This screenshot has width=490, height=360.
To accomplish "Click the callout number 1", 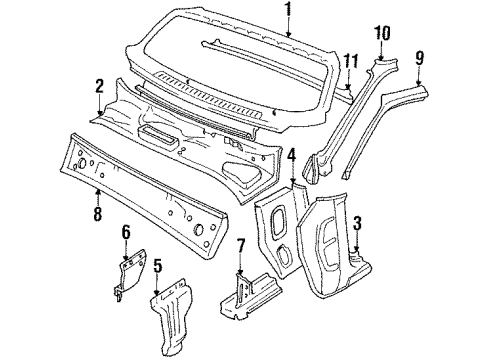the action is click(289, 9).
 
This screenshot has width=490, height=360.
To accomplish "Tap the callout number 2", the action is click(99, 86).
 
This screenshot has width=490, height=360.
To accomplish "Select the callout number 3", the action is click(357, 223).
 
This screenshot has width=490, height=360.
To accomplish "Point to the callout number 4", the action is click(292, 157).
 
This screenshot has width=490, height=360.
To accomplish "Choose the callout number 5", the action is click(157, 267).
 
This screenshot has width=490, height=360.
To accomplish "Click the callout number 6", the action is click(126, 232).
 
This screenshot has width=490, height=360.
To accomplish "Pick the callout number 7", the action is click(241, 247).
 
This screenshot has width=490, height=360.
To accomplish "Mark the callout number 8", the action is click(97, 214).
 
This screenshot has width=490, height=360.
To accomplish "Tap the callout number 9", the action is click(420, 58).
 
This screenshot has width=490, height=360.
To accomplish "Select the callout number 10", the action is click(382, 33).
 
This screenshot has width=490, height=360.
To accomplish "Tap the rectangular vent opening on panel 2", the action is click(153, 135).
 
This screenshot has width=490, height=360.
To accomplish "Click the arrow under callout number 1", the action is click(289, 27).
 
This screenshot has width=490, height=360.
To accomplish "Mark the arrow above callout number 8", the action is click(98, 197).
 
